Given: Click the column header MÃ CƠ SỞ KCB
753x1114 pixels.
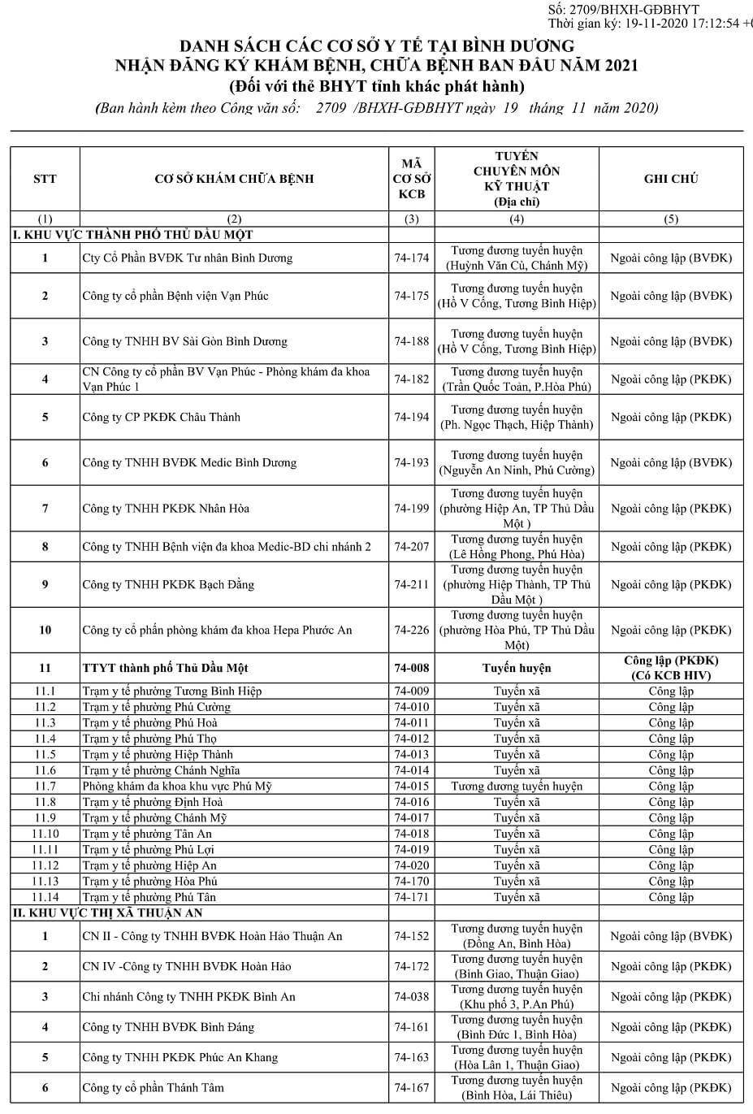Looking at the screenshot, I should click(411, 179).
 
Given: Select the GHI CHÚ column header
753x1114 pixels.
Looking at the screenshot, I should click(670, 179).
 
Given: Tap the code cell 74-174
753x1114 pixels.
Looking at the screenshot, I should click(411, 258).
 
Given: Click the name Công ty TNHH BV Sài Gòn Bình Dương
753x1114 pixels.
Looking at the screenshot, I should click(184, 341).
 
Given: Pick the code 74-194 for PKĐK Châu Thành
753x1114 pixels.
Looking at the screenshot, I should click(411, 417).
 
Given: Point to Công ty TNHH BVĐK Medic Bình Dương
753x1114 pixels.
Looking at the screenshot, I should click(189, 462).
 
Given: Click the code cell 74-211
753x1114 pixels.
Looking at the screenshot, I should click(411, 584).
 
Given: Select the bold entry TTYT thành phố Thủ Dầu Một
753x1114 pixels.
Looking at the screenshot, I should click(165, 668).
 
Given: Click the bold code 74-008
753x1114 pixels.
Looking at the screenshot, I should click(411, 668).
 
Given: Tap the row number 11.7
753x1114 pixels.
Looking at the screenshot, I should click(45, 787).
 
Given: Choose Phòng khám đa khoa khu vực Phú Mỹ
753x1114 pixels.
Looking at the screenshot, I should click(176, 787).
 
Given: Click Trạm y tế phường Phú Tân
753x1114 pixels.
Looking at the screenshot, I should click(149, 897).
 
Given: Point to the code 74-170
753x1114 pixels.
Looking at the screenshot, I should click(411, 882).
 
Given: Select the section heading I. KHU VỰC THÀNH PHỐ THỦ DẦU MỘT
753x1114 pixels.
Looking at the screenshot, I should click(132, 235).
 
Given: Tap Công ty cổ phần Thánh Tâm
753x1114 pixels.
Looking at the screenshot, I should click(153, 1087).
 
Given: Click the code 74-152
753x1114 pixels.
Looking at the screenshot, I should click(411, 936).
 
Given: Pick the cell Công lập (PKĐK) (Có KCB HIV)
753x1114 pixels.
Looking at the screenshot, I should click(670, 668).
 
